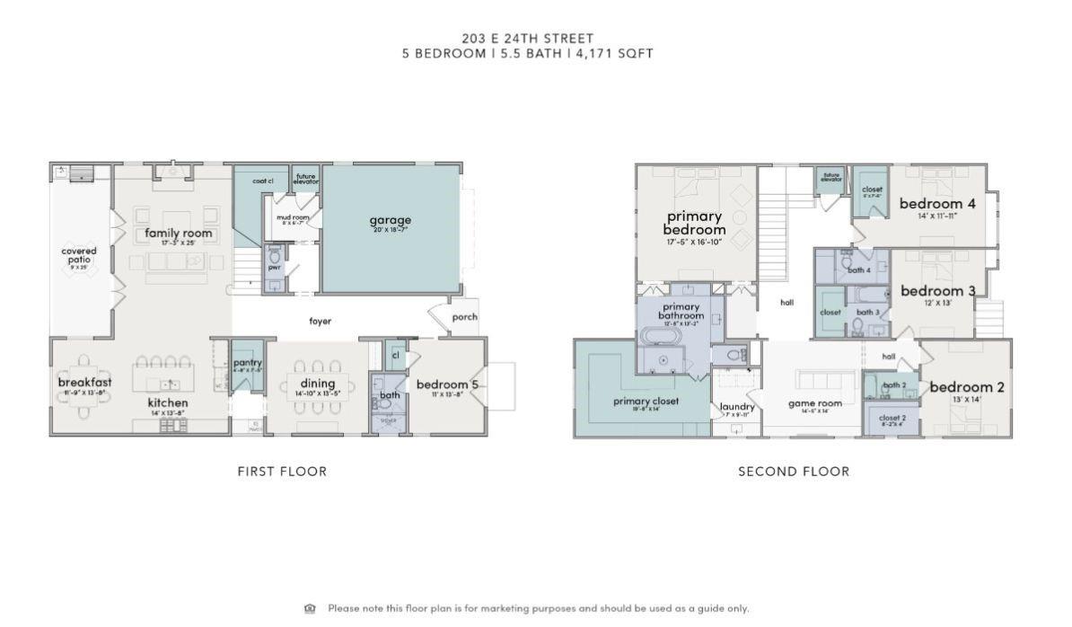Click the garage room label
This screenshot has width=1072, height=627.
[390, 220]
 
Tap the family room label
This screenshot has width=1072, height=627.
[179, 234]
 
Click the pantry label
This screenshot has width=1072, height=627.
[247, 363]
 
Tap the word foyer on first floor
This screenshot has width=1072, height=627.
[321, 321]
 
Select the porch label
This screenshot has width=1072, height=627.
[464, 317]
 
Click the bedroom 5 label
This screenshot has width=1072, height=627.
[447, 385]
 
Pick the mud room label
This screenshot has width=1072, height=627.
[292, 217]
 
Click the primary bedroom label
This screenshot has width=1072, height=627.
[695, 223]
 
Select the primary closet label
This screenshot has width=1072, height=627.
[646, 402]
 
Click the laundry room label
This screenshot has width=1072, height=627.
[737, 407]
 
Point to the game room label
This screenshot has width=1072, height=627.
[814, 403]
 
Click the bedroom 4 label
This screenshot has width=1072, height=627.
[937, 204]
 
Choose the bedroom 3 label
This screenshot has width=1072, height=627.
[937, 291]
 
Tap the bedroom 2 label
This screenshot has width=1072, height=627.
[967, 387]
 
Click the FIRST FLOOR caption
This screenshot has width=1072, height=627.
[282, 471]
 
